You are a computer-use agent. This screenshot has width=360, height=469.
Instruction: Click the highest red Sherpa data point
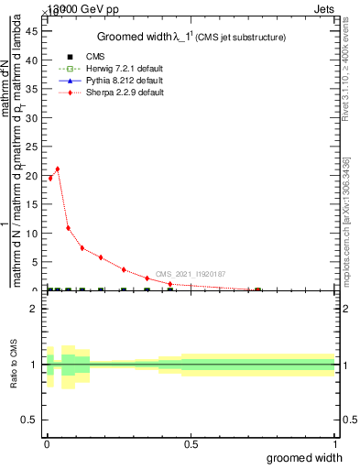click(58, 169)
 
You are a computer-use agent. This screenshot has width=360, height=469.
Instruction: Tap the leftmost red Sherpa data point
click(49, 178)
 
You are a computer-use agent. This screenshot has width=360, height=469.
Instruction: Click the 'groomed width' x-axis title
click(304, 457)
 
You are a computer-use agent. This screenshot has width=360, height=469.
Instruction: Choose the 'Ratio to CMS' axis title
click(15, 364)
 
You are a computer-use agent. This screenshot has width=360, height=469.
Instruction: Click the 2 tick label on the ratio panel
click(34, 309)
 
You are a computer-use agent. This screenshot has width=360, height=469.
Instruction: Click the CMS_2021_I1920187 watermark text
click(190, 274)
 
